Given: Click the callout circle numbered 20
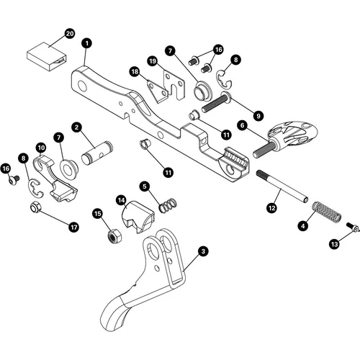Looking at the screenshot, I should coord(70,34).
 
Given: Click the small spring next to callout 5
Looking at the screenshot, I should coord(166,204).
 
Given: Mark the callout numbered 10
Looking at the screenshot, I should coord(41,148).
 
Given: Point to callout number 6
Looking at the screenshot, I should coord(243,125).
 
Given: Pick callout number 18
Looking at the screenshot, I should coord(134,71).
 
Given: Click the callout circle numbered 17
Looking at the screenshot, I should coord(73,226).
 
